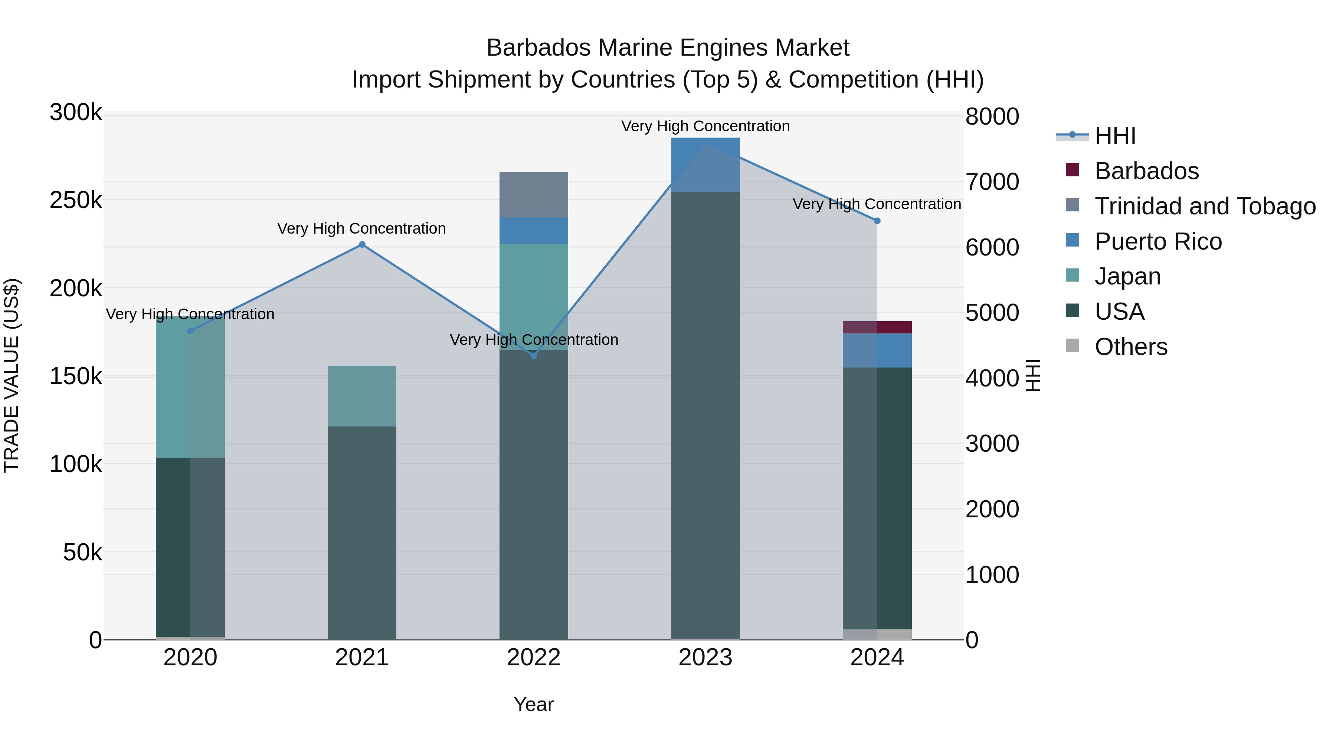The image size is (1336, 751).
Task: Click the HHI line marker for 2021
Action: click(x=362, y=245)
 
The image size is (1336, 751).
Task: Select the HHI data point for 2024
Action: click(x=877, y=221)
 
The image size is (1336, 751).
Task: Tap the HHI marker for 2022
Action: click(x=534, y=356)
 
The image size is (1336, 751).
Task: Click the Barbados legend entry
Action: click(x=1146, y=171)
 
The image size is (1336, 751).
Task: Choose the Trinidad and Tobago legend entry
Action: click(x=1205, y=206)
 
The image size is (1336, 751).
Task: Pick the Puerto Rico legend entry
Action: click(x=1157, y=241)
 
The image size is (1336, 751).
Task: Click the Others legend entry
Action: click(x=1131, y=347)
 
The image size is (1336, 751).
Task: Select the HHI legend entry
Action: click(x=1115, y=136)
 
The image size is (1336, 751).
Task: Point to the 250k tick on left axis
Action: click(x=76, y=200)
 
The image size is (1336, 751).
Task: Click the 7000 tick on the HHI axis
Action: click(x=992, y=182)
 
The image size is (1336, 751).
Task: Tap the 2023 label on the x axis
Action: click(x=705, y=658)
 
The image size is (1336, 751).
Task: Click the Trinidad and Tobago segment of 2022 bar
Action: click(x=534, y=194)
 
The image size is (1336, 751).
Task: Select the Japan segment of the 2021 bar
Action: click(x=362, y=396)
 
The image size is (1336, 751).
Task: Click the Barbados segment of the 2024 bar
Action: click(x=877, y=327)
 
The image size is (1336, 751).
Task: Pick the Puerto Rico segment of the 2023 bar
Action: click(x=705, y=164)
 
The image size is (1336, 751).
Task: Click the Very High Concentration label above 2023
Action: click(x=705, y=126)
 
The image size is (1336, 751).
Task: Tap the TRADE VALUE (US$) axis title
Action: click(x=12, y=375)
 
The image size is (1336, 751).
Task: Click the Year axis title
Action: click(x=534, y=704)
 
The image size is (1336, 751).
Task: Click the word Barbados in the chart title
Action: click(x=538, y=48)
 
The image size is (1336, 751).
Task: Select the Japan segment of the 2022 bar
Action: click(x=534, y=296)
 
